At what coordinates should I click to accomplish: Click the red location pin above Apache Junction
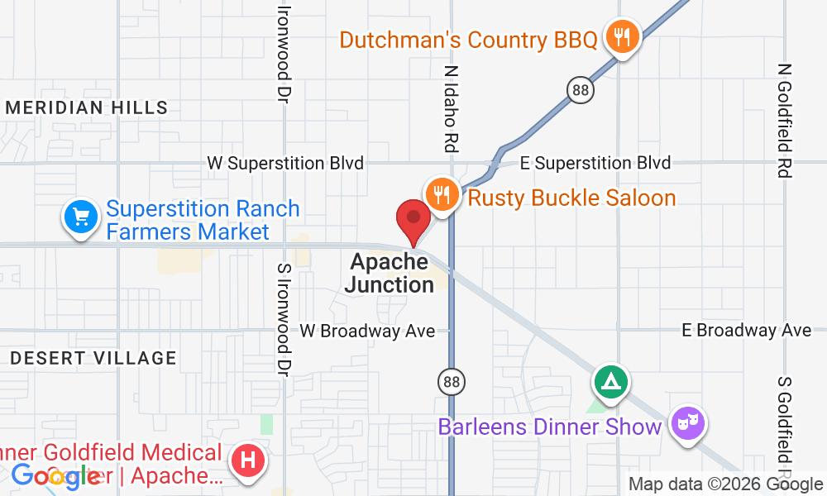pyautogui.click(x=413, y=220)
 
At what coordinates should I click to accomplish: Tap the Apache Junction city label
pyautogui.click(x=390, y=274)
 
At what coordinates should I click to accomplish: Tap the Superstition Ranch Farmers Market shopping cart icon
pyautogui.click(x=80, y=218)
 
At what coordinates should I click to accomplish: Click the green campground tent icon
pyautogui.click(x=610, y=381)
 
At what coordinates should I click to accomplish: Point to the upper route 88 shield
pyautogui.click(x=582, y=90)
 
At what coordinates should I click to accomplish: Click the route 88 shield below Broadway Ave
pyautogui.click(x=452, y=381)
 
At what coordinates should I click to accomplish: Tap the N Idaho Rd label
pyautogui.click(x=452, y=109)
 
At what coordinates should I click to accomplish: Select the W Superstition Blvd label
pyautogui.click(x=285, y=164)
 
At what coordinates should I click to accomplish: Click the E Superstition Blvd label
pyautogui.click(x=602, y=164)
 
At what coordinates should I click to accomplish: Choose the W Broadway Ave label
pyautogui.click(x=367, y=331)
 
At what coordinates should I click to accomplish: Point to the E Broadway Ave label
pyautogui.click(x=747, y=331)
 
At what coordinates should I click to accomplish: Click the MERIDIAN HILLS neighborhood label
pyautogui.click(x=87, y=107)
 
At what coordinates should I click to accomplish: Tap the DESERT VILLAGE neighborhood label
pyautogui.click(x=93, y=358)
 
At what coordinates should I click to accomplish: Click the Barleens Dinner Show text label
pyautogui.click(x=550, y=427)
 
